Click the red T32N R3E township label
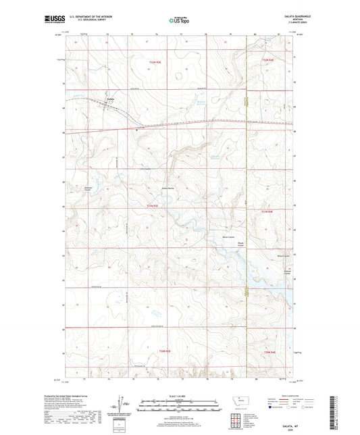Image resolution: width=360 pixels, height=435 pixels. [154, 62]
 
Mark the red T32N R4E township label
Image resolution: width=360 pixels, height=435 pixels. [268, 61]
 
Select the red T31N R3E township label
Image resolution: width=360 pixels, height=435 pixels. [153, 205]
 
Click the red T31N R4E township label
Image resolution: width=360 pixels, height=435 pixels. [267, 212]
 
